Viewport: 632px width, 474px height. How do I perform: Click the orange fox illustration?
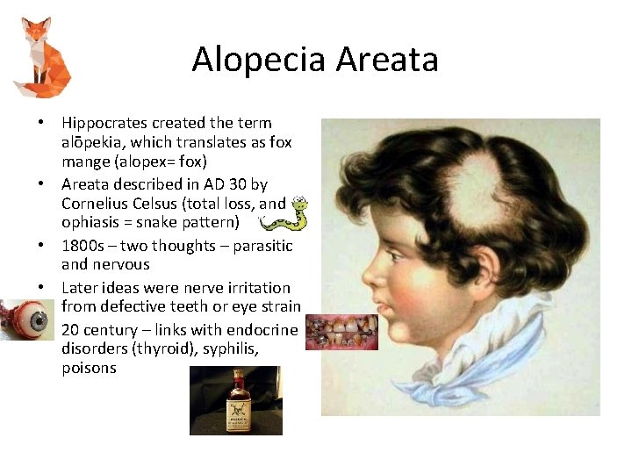(x=42, y=57)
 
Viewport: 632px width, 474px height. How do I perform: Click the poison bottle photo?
(x=235, y=400)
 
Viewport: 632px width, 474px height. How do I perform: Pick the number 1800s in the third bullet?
(x=84, y=246)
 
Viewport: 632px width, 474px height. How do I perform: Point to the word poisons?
(x=89, y=368)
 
